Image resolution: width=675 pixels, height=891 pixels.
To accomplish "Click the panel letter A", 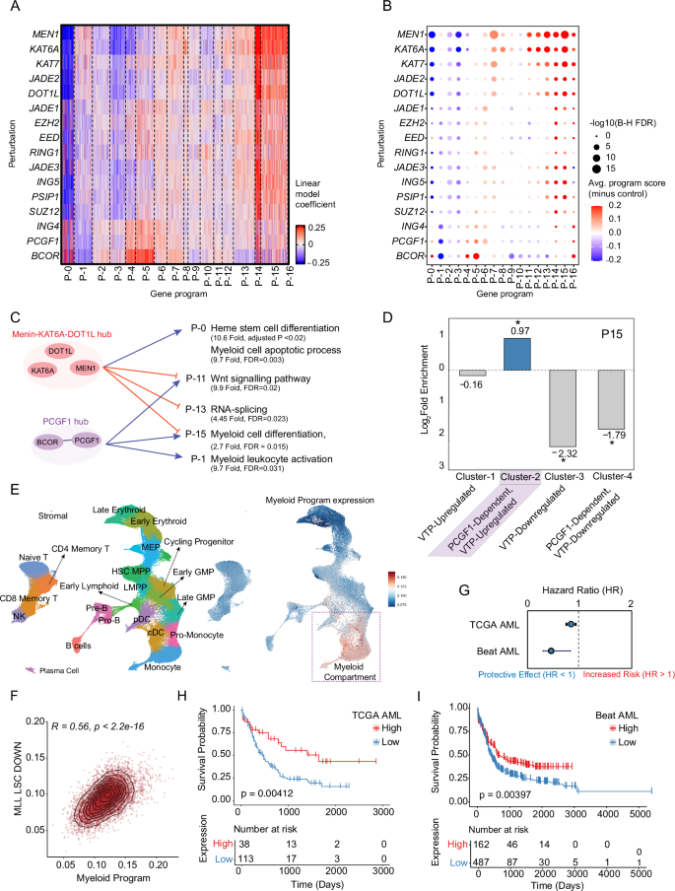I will click(8, 9).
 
